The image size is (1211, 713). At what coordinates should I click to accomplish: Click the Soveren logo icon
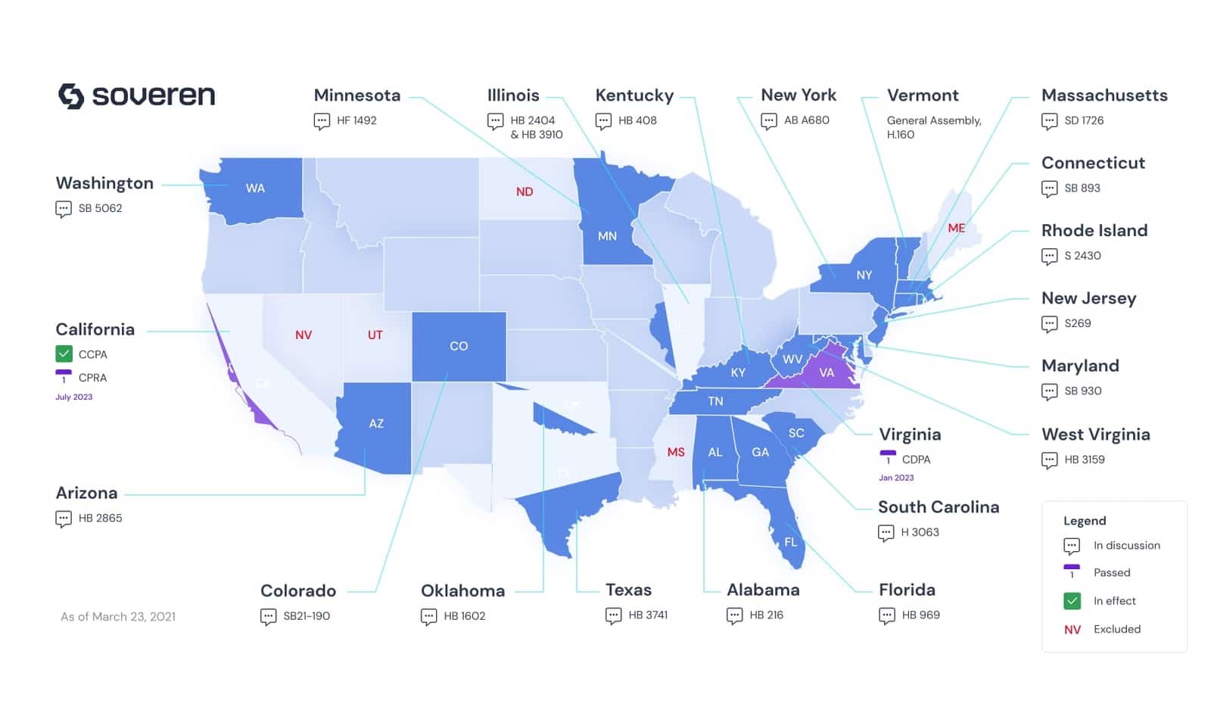pos(71,96)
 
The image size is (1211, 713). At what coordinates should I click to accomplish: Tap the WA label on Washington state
pos(255,188)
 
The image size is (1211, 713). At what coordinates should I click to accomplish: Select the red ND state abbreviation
pos(525,192)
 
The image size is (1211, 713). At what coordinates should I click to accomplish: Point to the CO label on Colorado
pos(459,346)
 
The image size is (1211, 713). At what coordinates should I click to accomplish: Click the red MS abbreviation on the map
pos(676,452)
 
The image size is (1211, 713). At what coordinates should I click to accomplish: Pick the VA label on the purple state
pos(827,372)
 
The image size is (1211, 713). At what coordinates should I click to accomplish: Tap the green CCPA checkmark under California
pos(64,354)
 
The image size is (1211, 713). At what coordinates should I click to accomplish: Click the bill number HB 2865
pos(100,518)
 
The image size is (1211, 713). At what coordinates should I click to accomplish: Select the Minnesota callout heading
pos(357,95)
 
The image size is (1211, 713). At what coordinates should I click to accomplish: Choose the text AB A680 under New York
pos(806,120)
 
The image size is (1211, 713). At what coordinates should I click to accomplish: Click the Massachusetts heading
pos(1104,95)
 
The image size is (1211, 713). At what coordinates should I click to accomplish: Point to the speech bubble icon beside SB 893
pos(1049,188)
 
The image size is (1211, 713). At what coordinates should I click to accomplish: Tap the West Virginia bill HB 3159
pos(1084,459)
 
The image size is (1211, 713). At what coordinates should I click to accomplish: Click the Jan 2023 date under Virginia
pos(896,478)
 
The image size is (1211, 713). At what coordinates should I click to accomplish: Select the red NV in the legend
pos(1072,630)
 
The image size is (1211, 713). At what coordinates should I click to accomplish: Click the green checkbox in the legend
pos(1072,601)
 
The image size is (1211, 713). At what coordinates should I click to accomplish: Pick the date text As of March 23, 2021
pos(118,617)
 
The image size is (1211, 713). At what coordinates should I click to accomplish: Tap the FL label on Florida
pos(791,542)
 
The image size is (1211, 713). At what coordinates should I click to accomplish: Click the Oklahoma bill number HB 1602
pos(464,616)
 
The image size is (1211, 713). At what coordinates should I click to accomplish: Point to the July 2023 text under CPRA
pos(73,397)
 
